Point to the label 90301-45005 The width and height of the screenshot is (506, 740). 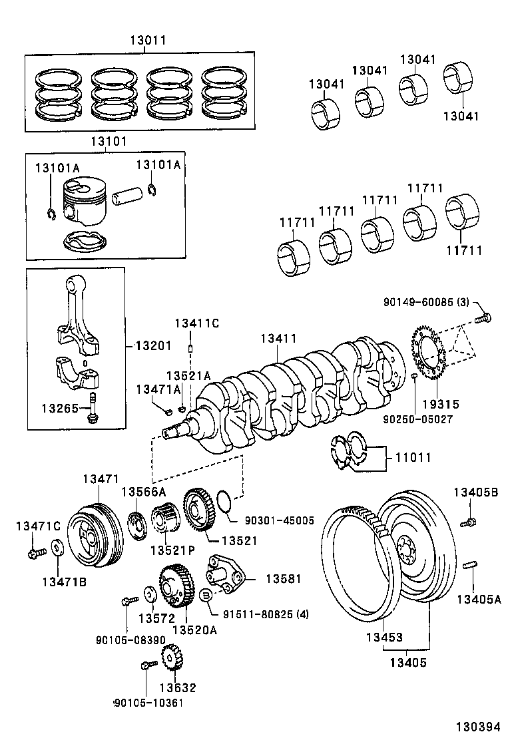point(280,520)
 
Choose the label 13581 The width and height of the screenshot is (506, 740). point(284,579)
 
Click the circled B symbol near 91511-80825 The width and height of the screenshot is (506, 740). point(206,593)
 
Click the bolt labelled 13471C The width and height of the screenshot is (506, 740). point(33,552)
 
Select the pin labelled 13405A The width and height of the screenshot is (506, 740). point(469,566)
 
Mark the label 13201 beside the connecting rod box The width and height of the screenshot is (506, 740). point(152,345)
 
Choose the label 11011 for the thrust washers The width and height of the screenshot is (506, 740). point(413,458)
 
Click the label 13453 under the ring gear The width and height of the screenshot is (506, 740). point(384,637)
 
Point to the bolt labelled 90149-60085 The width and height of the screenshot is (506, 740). point(483,319)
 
